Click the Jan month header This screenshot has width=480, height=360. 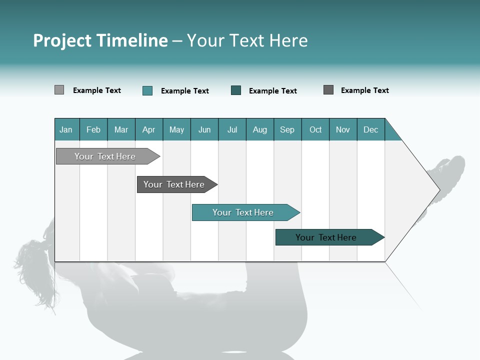point(66,129)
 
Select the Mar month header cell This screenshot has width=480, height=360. point(121,129)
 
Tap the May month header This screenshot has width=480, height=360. point(176,129)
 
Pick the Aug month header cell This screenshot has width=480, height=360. point(259,129)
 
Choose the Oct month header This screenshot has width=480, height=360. point(315,129)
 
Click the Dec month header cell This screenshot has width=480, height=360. point(370,129)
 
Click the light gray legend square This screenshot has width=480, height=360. point(59,90)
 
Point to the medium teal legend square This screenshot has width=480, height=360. point(147,90)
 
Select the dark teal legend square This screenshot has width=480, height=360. point(236,90)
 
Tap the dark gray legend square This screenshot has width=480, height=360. point(328,90)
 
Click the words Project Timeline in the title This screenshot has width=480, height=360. point(100,40)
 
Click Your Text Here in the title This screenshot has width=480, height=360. point(247,40)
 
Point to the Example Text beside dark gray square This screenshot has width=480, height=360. point(364,90)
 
